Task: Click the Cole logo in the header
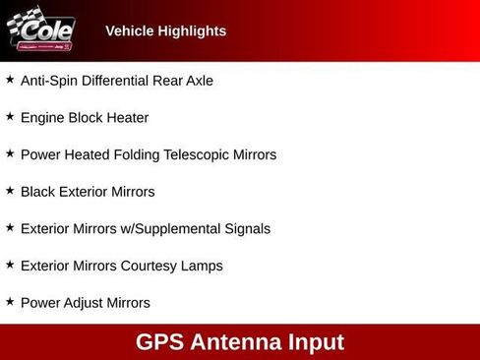40,30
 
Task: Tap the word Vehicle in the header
129,31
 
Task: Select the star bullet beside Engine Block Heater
10,116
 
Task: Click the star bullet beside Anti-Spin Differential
10,79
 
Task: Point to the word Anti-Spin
50,81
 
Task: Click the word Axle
198,81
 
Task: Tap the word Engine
42,118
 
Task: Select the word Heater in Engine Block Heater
128,118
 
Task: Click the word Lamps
203,266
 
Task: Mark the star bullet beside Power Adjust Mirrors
10,301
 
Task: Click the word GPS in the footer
160,342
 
